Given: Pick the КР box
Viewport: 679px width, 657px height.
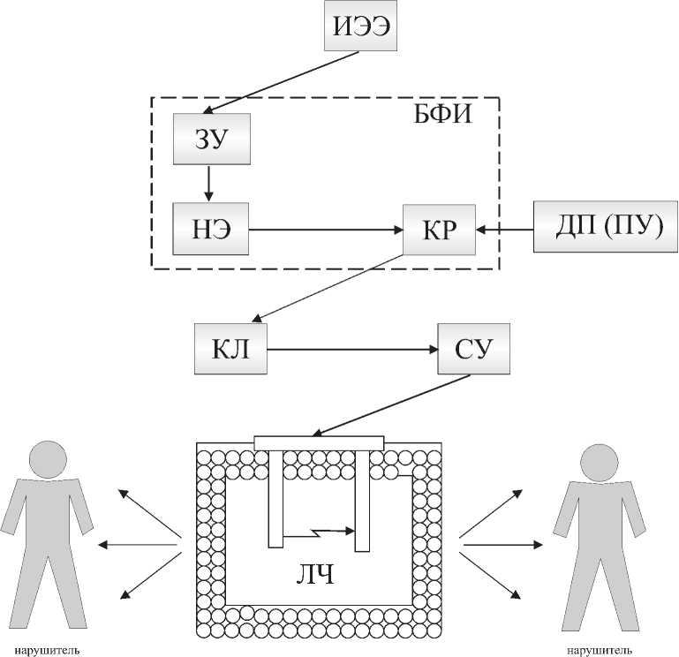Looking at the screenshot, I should pos(438,230).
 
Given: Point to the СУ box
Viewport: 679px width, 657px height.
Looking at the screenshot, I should pos(474,349).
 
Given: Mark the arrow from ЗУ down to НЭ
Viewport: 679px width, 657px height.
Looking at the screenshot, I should pos(209,183).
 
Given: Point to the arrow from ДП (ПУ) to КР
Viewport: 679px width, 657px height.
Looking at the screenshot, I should pos(505,230).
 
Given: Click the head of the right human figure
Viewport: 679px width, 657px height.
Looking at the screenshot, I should pos(598,464).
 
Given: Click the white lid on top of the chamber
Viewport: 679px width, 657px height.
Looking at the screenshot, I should pos(319,441).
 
